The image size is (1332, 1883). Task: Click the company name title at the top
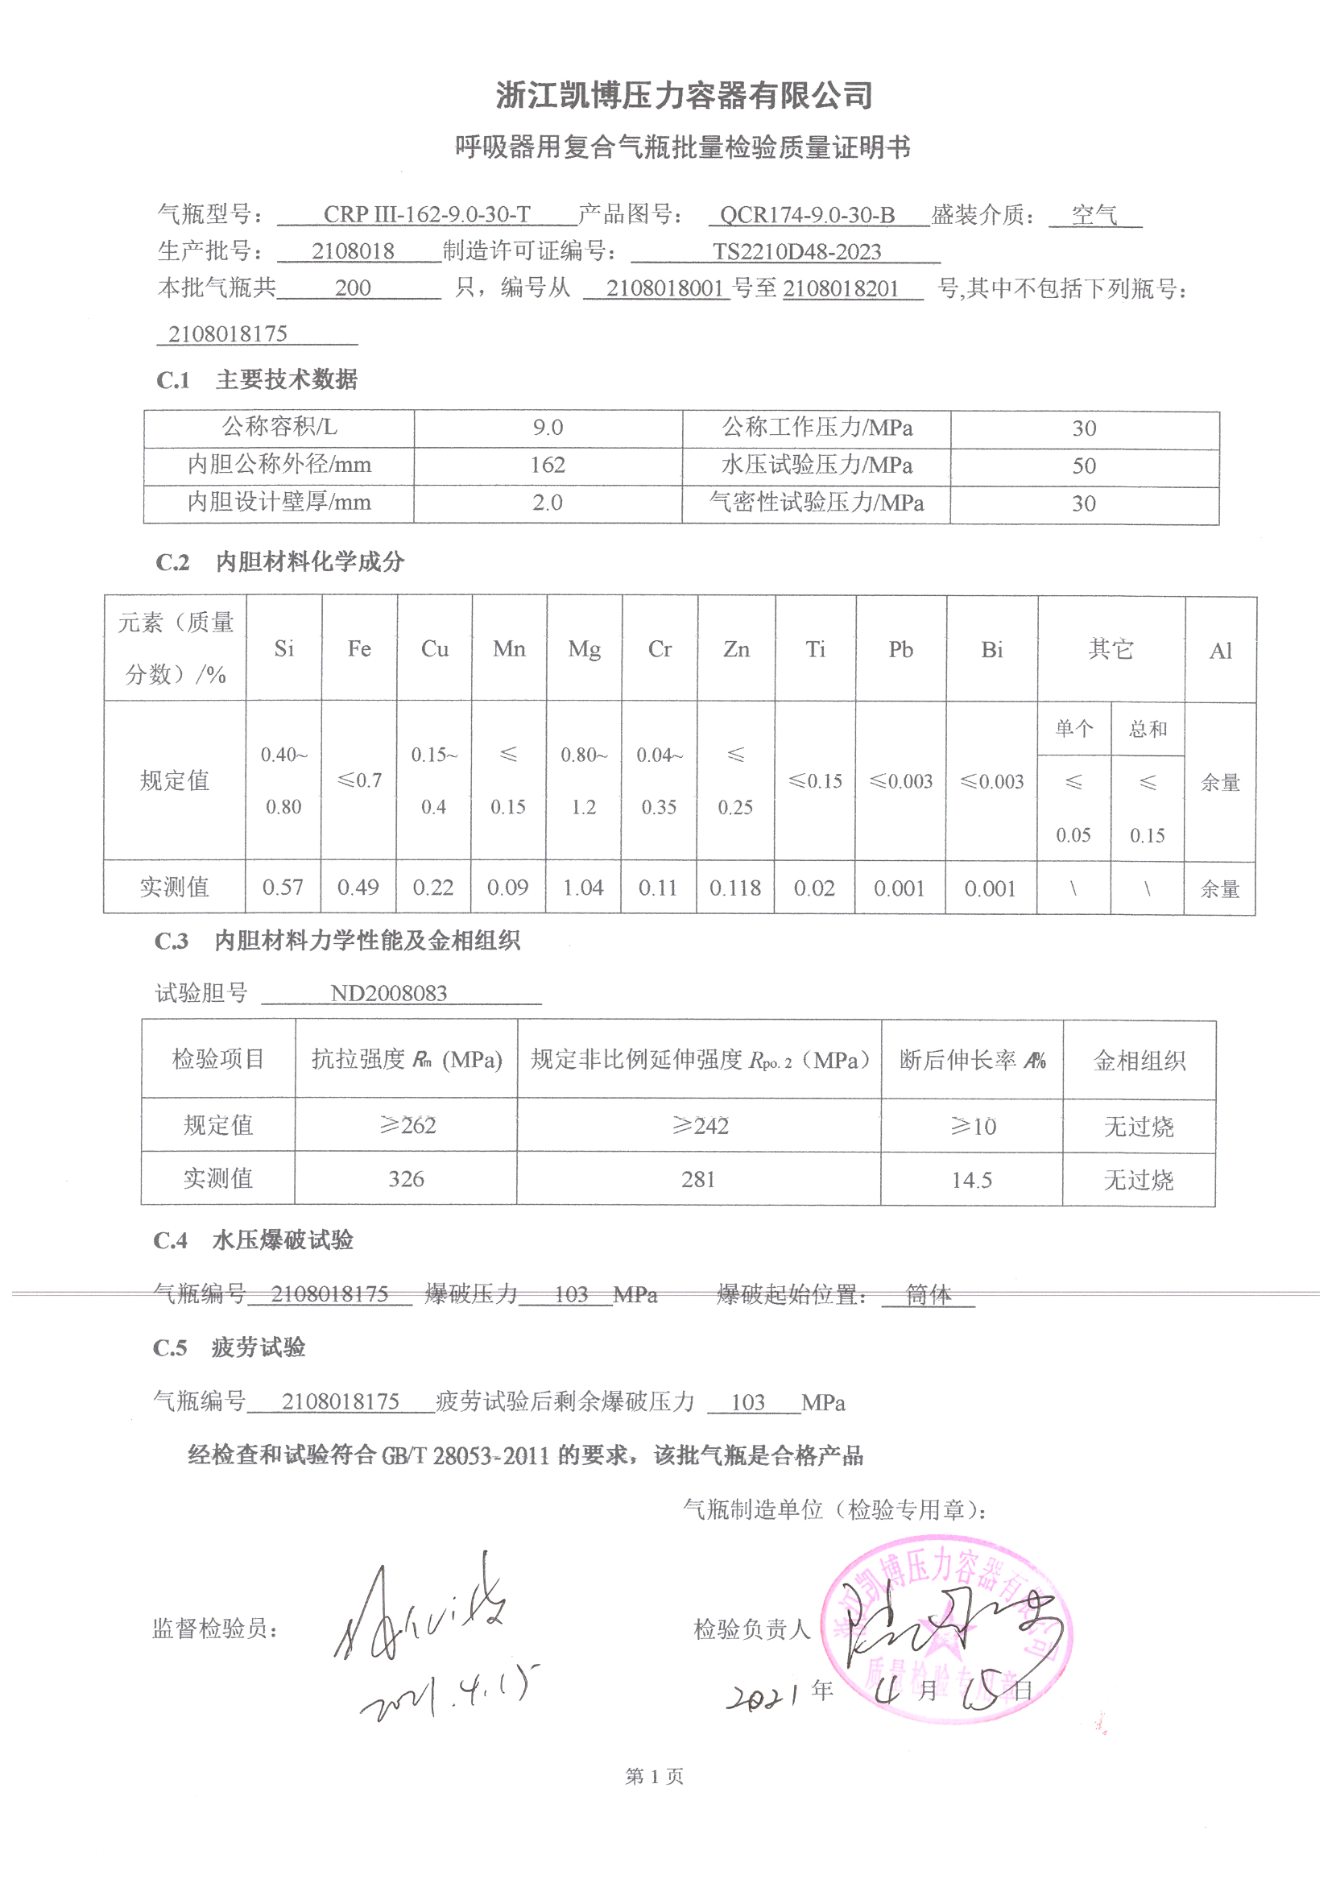tap(683, 96)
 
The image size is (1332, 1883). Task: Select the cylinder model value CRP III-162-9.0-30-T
tap(427, 215)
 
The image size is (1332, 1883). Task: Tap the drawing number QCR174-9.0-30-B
tap(807, 215)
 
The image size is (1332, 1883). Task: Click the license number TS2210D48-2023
tap(796, 252)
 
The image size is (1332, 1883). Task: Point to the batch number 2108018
tap(353, 251)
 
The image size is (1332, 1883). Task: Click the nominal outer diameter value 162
tap(547, 465)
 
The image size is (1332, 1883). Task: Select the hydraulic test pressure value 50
tap(1083, 466)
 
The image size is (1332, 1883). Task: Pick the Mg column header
tap(584, 649)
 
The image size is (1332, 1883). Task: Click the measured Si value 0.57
tap(283, 888)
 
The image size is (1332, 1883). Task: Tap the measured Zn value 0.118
tap(735, 888)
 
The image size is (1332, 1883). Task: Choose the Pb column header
tap(900, 649)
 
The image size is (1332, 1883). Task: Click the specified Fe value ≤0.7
tap(359, 780)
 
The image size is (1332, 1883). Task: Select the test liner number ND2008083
tap(389, 994)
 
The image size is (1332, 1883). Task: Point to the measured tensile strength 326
tap(406, 1179)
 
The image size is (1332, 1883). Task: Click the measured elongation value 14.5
tap(971, 1180)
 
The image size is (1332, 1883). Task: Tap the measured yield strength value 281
tap(698, 1179)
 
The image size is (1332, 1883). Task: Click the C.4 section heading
tap(253, 1240)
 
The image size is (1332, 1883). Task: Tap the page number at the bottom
tap(654, 1777)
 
